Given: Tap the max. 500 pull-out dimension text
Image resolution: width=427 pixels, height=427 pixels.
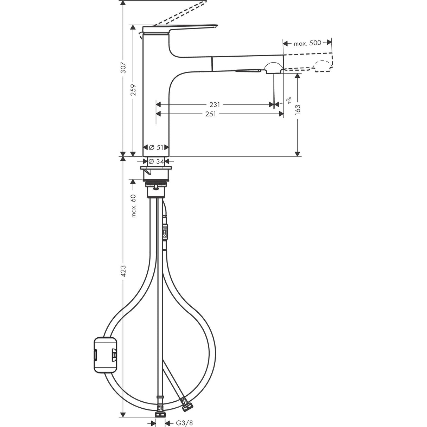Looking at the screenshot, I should (x=307, y=43).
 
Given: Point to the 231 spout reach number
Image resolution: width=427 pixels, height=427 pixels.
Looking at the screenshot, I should (x=215, y=104).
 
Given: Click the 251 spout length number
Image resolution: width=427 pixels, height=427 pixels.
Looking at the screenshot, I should (x=215, y=114).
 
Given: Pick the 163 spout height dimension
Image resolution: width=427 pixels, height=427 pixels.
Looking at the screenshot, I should (x=298, y=110).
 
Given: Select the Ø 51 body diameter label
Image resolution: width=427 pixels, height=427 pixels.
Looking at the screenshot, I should (x=156, y=147).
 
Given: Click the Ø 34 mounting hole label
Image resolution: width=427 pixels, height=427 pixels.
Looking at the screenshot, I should (x=156, y=161).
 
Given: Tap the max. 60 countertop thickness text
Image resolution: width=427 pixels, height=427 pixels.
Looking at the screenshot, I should (x=133, y=205).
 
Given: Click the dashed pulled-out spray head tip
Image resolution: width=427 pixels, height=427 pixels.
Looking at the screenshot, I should (x=324, y=66).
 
